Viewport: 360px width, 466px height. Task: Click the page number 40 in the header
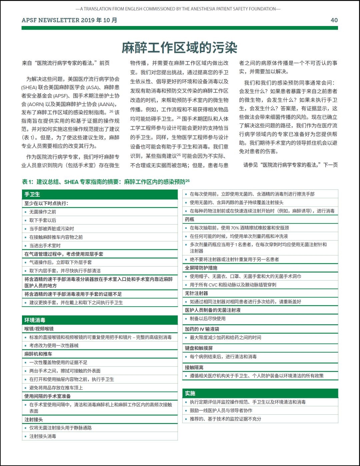click(x=334, y=20)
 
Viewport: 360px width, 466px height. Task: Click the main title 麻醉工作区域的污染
click(x=179, y=48)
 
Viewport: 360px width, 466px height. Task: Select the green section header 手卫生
click(x=32, y=194)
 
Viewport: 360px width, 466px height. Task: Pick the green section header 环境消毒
click(x=35, y=320)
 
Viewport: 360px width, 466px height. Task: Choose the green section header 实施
click(x=190, y=393)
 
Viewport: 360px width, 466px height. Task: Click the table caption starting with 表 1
click(x=106, y=182)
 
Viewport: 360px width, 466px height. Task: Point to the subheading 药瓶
click(x=190, y=219)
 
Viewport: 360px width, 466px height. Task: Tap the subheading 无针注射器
click(x=196, y=293)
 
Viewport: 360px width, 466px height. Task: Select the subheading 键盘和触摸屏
click(x=199, y=348)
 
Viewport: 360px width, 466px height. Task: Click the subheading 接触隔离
click(x=194, y=367)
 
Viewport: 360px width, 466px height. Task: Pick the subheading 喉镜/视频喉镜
click(x=39, y=329)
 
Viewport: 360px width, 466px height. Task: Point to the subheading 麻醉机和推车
click(x=38, y=354)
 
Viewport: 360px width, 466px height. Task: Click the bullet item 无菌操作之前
click(x=43, y=212)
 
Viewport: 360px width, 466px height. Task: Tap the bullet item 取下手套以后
click(x=43, y=220)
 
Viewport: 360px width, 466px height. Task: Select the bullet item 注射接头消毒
click(x=43, y=436)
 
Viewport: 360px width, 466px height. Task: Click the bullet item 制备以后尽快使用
click(x=208, y=319)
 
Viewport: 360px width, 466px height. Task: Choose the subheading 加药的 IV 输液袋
click(x=202, y=329)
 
